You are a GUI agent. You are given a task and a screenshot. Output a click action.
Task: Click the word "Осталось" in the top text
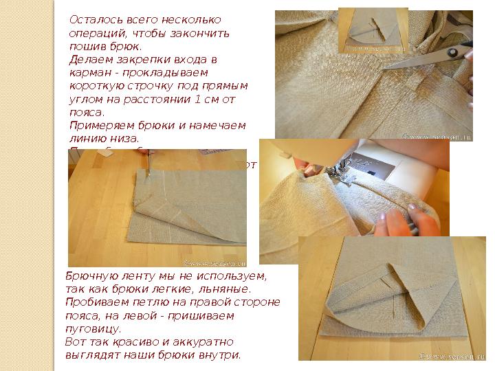(93, 20)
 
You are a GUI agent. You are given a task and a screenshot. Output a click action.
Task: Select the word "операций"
(93, 33)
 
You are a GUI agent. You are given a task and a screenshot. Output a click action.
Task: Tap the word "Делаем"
(88, 59)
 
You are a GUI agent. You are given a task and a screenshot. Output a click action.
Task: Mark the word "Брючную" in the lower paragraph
(89, 276)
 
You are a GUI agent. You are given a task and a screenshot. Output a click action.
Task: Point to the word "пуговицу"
(92, 328)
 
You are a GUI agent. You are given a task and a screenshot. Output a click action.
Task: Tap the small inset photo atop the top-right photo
(374, 30)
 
